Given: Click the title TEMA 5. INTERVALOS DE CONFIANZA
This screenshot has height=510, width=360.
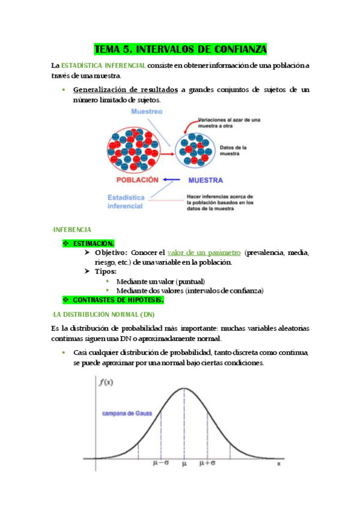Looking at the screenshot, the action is tap(180, 49).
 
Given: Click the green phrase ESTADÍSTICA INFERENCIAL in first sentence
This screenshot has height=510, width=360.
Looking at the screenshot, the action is tap(103, 66).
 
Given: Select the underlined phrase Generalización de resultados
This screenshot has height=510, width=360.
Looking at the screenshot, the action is tap(125, 90).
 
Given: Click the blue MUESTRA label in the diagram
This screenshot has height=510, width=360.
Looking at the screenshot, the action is tap(206, 180).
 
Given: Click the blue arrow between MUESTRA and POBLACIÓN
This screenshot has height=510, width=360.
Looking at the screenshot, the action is tap(172, 179).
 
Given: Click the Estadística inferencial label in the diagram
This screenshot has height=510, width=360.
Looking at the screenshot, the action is tap(126, 201).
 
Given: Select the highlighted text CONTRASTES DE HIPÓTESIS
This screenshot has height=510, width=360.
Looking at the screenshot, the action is tap(118, 300).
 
